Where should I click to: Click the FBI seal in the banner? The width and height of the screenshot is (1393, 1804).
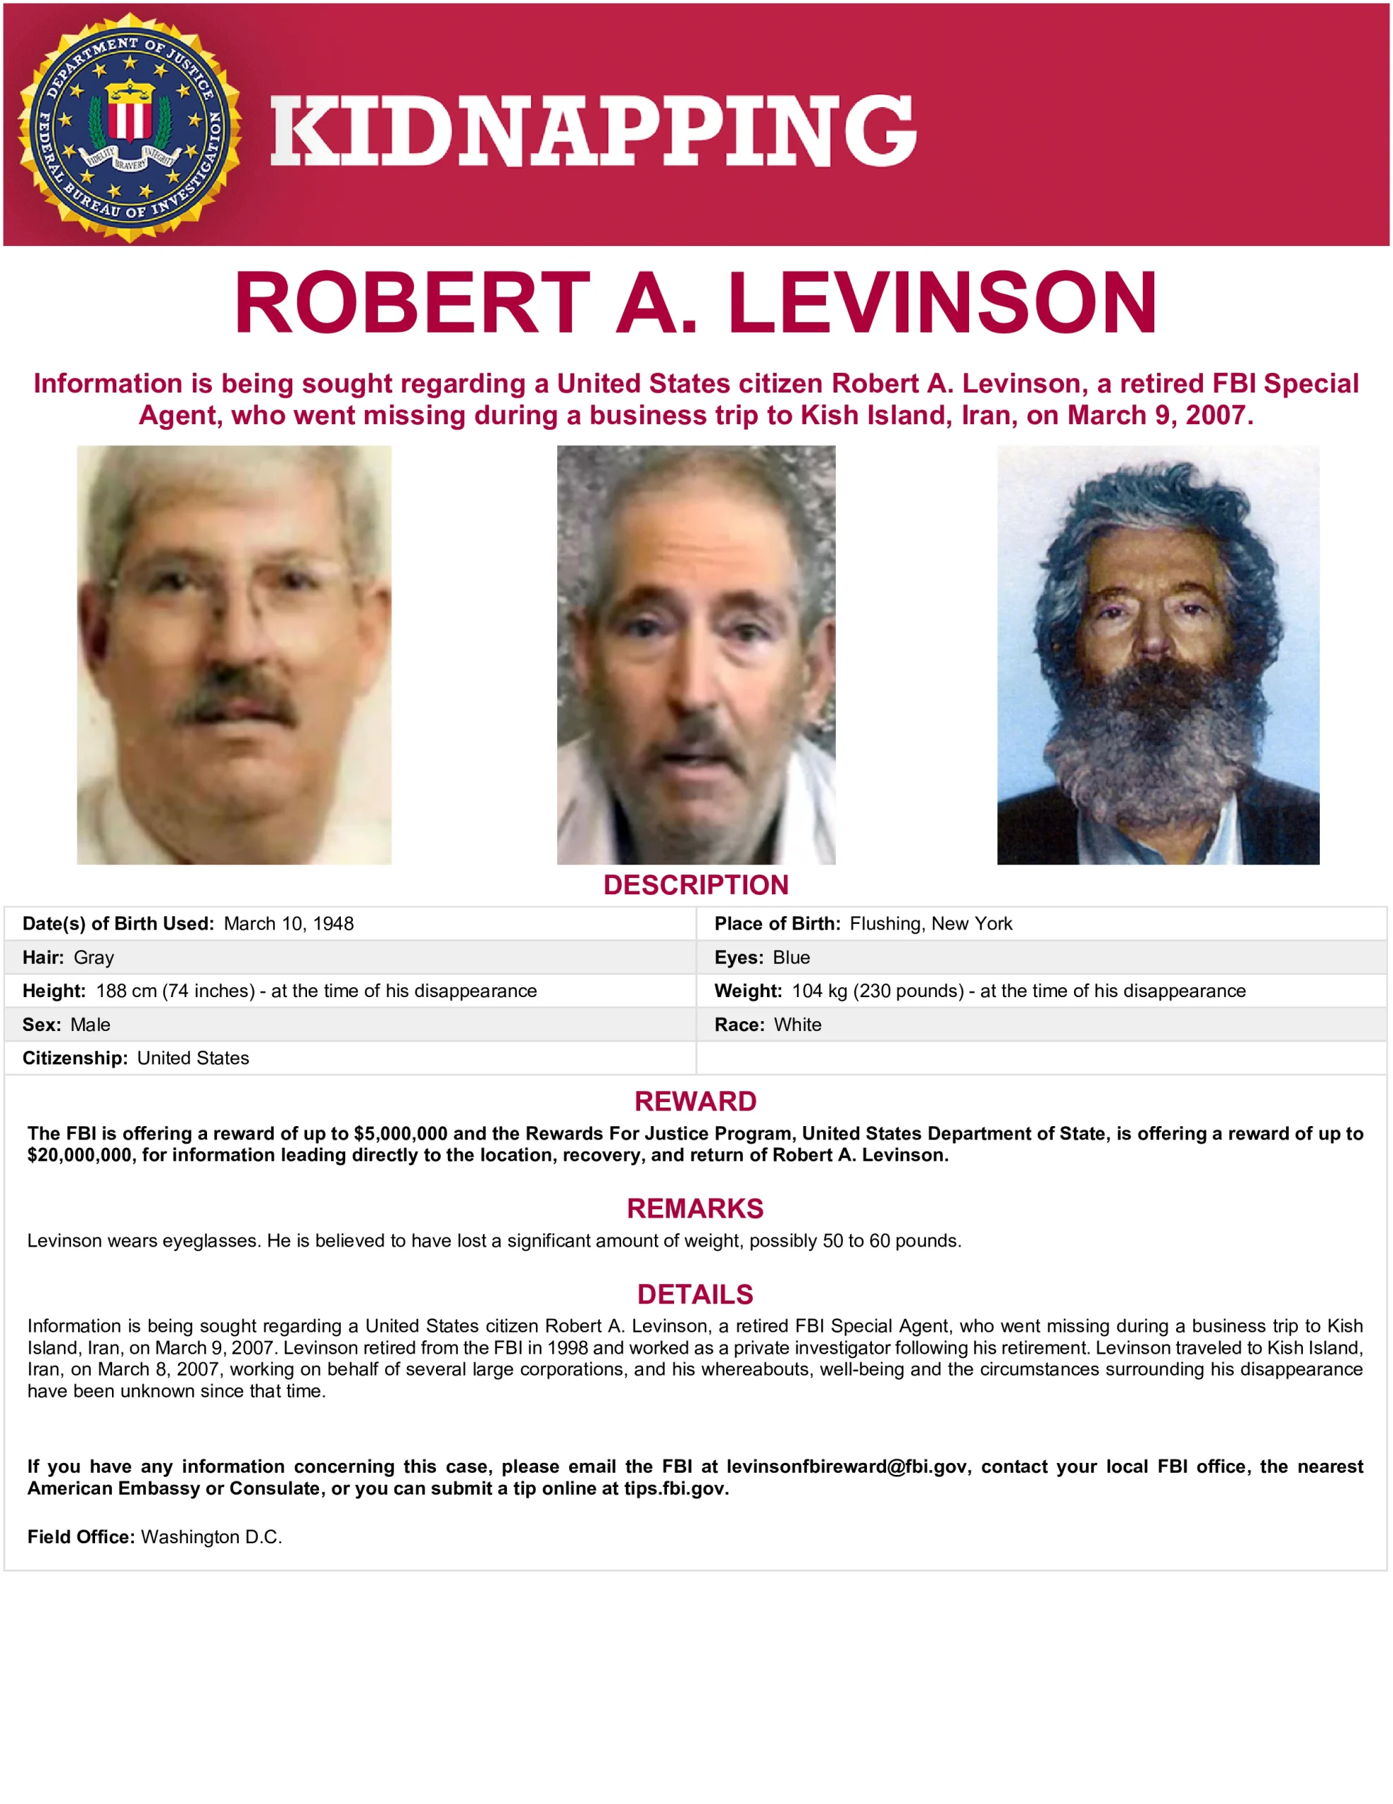(x=130, y=128)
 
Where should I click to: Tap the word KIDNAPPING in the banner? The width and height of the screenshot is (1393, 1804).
(x=593, y=130)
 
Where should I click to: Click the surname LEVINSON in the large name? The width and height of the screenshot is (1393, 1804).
(x=942, y=303)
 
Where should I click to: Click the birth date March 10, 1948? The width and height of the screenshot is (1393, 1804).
(x=288, y=923)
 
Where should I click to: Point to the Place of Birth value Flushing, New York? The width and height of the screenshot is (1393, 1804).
(x=930, y=923)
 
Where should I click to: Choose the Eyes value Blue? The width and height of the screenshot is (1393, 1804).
(x=791, y=958)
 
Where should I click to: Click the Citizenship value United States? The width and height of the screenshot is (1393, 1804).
(x=192, y=1058)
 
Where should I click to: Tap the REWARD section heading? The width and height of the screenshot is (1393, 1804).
(x=695, y=1101)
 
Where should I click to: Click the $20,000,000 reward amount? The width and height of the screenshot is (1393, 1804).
(x=80, y=1155)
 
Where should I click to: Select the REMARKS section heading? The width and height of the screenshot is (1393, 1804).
(x=695, y=1209)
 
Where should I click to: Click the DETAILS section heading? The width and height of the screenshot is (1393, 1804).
(x=695, y=1295)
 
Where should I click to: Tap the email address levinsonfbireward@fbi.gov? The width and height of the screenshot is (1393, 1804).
(x=847, y=1466)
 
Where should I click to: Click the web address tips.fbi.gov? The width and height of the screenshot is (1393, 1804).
(x=675, y=1488)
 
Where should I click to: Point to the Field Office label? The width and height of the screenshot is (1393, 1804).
(x=80, y=1536)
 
